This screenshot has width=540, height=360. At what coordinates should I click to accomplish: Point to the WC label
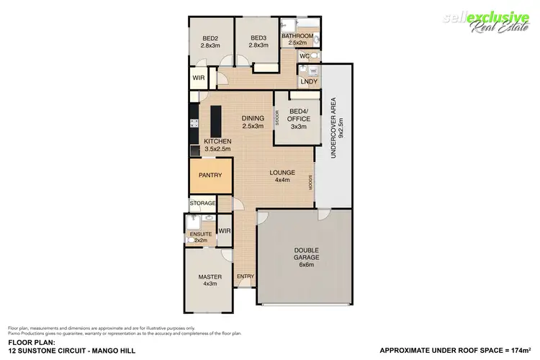[x=304, y=55]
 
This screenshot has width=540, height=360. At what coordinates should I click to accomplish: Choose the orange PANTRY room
[x=210, y=176]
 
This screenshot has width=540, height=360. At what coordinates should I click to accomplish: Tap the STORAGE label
[x=202, y=204]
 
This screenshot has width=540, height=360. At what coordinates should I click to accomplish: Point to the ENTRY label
[x=246, y=276]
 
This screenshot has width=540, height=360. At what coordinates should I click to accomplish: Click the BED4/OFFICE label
[x=299, y=115]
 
